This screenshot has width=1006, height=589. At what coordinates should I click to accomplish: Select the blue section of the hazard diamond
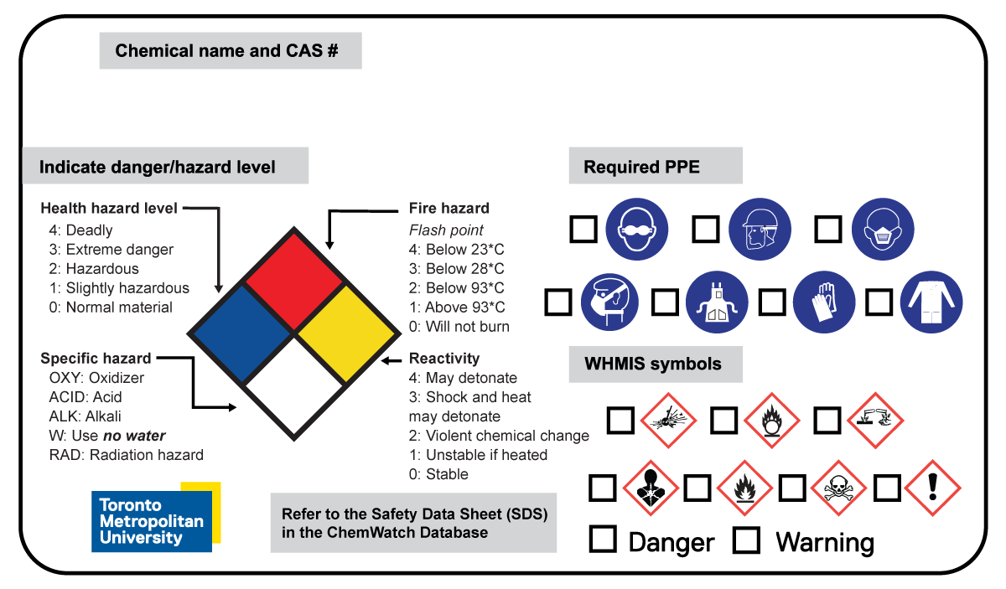coord(243,333)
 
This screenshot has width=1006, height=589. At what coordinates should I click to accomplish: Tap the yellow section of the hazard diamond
coord(345,333)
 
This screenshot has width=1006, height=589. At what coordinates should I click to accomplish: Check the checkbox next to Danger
coord(603,539)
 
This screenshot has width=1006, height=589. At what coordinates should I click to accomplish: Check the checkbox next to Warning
coord(746,539)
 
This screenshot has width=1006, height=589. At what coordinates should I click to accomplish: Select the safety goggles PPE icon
coord(637,228)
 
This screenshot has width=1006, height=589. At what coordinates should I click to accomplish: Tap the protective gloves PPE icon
coord(824,302)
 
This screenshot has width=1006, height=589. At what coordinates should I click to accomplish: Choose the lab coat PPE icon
coord(931,302)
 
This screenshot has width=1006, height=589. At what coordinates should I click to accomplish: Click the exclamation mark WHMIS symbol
coord(933,487)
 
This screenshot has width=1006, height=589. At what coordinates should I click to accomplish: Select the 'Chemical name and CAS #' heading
coord(226,50)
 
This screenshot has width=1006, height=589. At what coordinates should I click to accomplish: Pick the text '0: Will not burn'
coord(459,327)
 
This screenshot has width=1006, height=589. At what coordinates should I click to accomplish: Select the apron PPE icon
coord(717,302)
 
